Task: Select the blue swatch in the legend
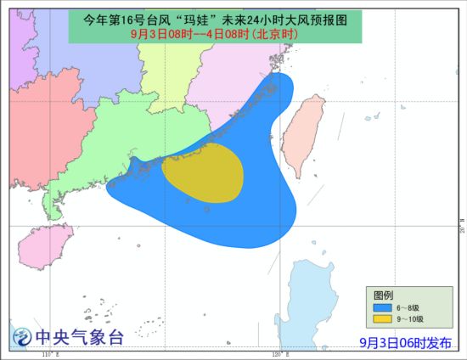point(383,307)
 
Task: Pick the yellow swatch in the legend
point(383,318)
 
